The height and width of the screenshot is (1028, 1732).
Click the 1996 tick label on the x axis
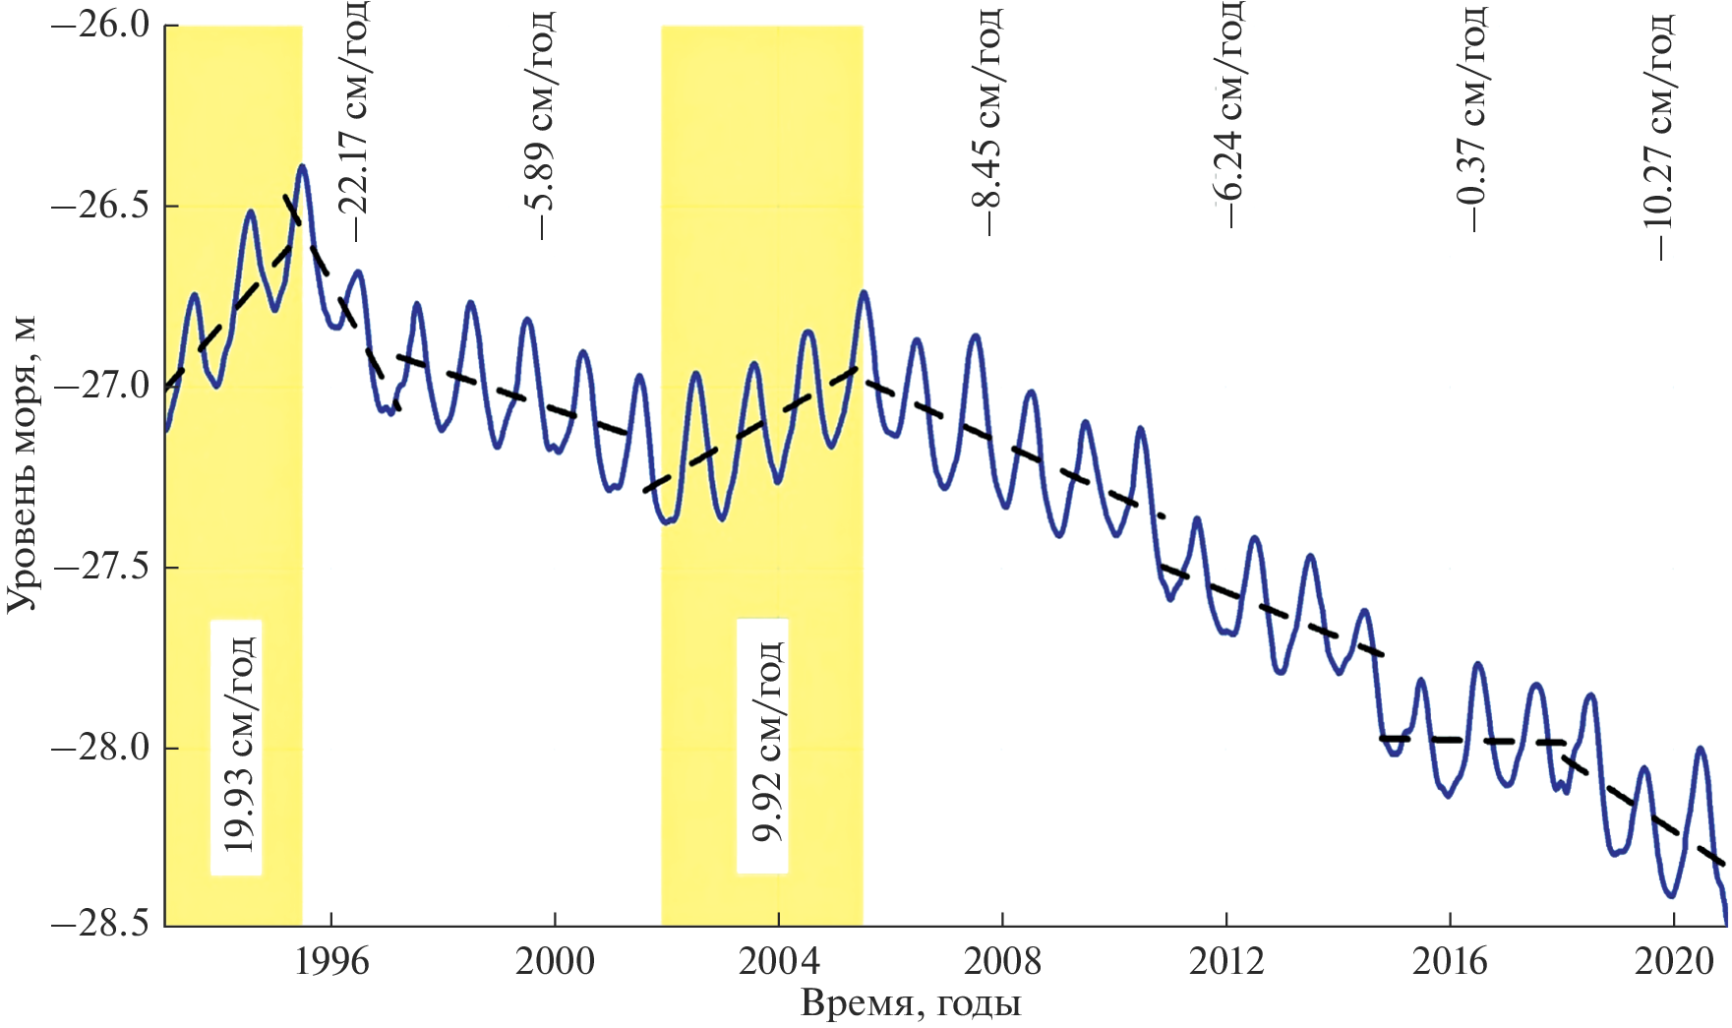331,961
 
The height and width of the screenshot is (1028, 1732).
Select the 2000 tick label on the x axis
555,961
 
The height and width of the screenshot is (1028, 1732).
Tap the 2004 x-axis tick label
779,961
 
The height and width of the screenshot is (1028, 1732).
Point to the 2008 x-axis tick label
1002,961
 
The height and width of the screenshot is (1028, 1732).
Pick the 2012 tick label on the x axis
1226,961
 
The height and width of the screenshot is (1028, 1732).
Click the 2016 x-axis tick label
1450,961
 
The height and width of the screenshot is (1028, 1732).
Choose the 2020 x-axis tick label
1673,961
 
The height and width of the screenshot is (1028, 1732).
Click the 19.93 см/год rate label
237,746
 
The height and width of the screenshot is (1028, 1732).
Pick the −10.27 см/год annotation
1656,136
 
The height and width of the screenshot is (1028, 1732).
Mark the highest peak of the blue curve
302,166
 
